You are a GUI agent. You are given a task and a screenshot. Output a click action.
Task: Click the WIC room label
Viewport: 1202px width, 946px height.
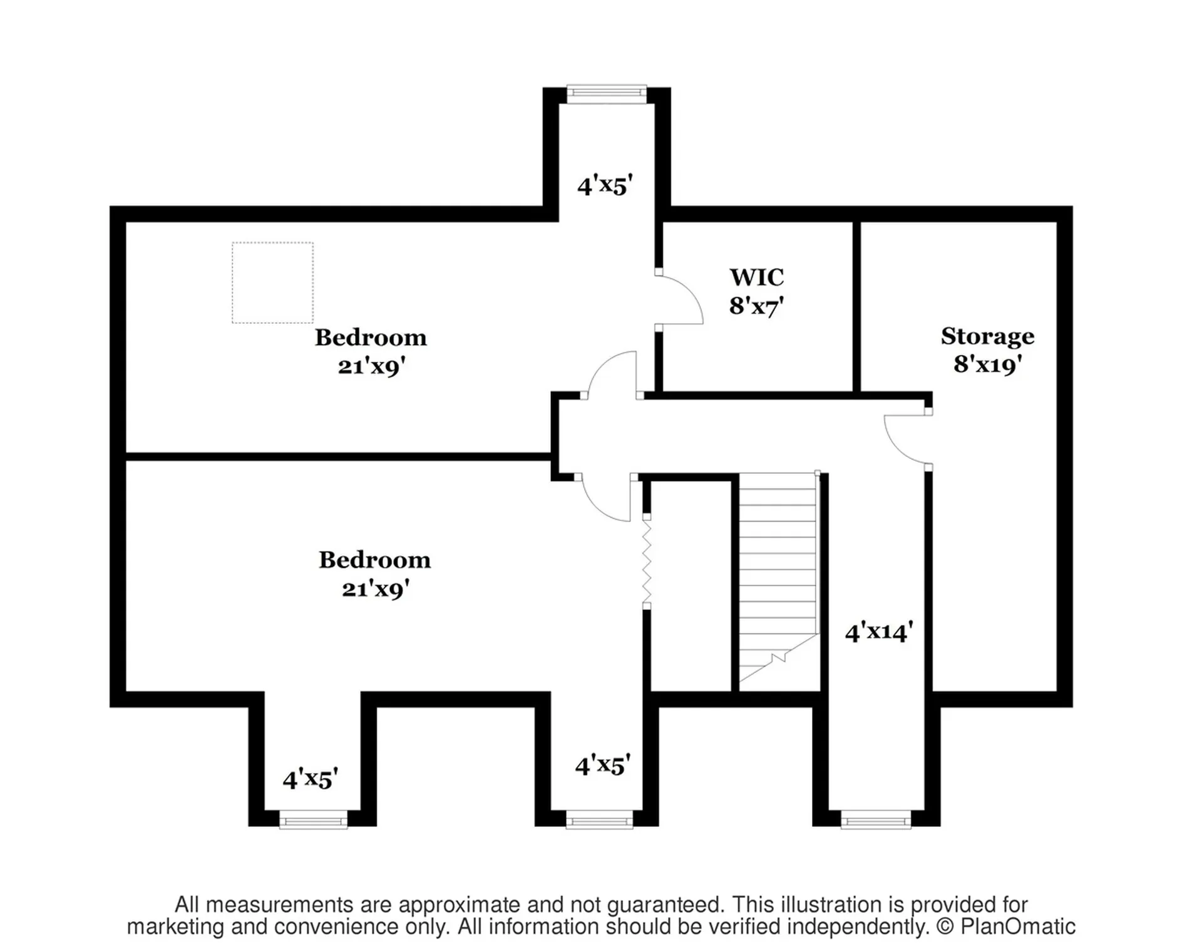coord(756,277)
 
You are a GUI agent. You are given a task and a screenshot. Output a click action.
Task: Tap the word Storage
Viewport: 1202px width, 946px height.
coord(987,337)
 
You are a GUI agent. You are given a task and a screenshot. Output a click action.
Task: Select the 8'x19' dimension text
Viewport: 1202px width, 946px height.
coord(987,364)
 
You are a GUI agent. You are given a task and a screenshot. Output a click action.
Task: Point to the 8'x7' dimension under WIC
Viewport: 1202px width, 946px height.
coord(756,306)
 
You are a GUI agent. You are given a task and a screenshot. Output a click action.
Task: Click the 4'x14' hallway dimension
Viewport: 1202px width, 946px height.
coord(879,632)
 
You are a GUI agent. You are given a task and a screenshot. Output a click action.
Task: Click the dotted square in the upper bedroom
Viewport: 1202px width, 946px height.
coord(272,283)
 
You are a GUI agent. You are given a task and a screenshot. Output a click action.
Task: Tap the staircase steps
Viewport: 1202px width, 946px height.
coord(779,576)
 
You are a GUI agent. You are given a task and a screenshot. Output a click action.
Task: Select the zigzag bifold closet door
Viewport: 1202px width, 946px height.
coord(647,562)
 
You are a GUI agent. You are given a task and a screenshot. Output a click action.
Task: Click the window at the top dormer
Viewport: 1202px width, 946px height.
coord(606,94)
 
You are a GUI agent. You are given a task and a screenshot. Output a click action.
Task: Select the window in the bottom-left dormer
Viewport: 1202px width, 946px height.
coord(313,820)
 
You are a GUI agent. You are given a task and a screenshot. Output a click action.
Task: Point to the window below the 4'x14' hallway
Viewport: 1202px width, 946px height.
coord(875,820)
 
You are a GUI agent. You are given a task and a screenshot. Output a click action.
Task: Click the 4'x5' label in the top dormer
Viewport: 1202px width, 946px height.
coord(605,186)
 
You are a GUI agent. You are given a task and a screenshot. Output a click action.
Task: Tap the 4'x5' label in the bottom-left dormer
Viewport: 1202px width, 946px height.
coord(310,779)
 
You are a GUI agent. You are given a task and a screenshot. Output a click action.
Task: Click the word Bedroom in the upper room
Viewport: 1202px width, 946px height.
coord(371,337)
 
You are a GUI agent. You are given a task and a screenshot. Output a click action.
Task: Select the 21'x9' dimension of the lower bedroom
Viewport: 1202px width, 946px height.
coord(375,589)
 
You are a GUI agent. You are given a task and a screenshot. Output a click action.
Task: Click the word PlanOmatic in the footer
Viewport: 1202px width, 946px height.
coord(1018,927)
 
